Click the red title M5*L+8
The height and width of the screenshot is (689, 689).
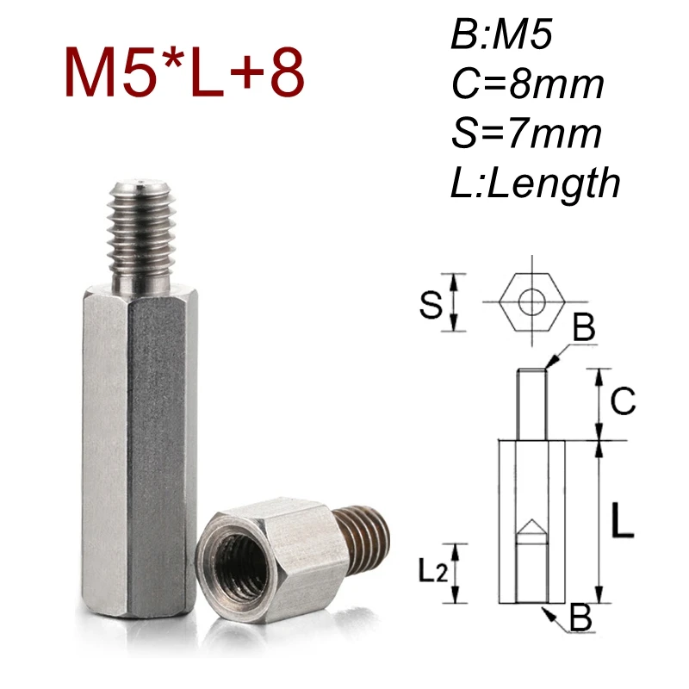coord(184,72)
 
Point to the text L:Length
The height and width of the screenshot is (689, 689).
coord(535,183)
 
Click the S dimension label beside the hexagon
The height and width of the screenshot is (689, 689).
coord(431,304)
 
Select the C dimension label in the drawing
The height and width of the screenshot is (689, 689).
coord(623,401)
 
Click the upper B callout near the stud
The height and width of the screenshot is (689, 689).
coord(584,328)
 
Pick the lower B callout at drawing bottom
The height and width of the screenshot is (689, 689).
coord(581,618)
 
